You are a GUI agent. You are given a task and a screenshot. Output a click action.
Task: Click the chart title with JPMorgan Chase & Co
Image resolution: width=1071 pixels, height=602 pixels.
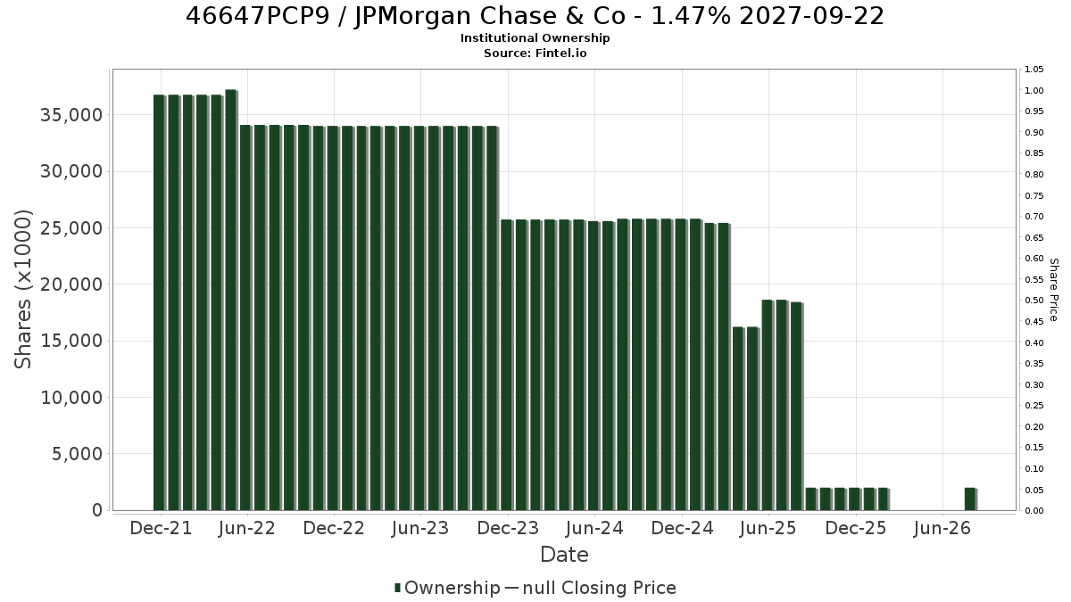535,16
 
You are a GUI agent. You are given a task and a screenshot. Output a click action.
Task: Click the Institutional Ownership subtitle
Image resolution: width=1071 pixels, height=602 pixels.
535,38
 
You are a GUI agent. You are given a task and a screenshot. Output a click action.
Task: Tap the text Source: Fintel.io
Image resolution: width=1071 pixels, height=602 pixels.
535,53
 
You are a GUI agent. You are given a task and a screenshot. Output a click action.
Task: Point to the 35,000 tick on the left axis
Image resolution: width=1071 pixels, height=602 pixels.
71,115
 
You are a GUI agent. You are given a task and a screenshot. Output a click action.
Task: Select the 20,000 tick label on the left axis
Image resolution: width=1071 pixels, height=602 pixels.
71,285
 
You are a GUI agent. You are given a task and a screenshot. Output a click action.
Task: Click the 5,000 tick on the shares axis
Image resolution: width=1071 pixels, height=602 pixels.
77,454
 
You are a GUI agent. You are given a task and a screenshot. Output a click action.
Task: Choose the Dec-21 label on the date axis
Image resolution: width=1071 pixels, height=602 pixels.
161,528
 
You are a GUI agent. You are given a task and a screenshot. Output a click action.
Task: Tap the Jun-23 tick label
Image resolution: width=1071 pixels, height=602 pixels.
420,528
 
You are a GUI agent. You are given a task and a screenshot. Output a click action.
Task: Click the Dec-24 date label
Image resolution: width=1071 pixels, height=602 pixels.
682,528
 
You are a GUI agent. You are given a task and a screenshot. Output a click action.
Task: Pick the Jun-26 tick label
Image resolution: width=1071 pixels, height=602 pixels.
942,528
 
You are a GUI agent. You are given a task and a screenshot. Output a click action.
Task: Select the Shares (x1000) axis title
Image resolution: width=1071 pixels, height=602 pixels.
22,290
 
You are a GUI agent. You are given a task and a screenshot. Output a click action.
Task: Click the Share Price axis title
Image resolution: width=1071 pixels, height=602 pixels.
1053,290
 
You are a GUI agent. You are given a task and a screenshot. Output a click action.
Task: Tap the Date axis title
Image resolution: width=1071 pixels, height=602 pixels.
564,555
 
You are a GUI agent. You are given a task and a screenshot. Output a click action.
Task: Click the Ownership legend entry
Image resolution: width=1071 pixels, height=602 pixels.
447,588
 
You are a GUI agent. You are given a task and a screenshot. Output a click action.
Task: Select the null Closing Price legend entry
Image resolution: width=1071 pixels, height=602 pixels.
591,588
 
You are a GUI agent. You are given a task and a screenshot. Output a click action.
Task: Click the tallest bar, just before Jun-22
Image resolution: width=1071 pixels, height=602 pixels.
231,300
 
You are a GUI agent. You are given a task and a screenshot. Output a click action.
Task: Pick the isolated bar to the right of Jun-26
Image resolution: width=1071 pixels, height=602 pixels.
971,499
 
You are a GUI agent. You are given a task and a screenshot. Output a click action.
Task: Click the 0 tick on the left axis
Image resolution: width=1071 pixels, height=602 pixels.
97,510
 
